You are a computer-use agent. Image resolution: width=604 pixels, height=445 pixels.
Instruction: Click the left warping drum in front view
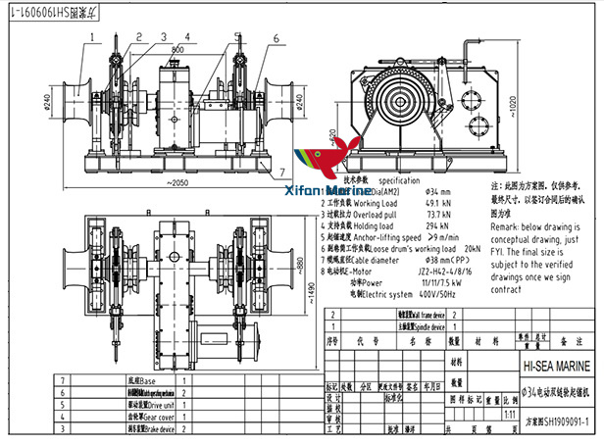tap(75, 101)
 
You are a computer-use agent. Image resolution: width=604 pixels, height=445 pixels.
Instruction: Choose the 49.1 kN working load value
tap(439, 204)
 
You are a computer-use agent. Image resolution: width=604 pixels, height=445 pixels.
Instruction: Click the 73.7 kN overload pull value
tap(439, 214)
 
